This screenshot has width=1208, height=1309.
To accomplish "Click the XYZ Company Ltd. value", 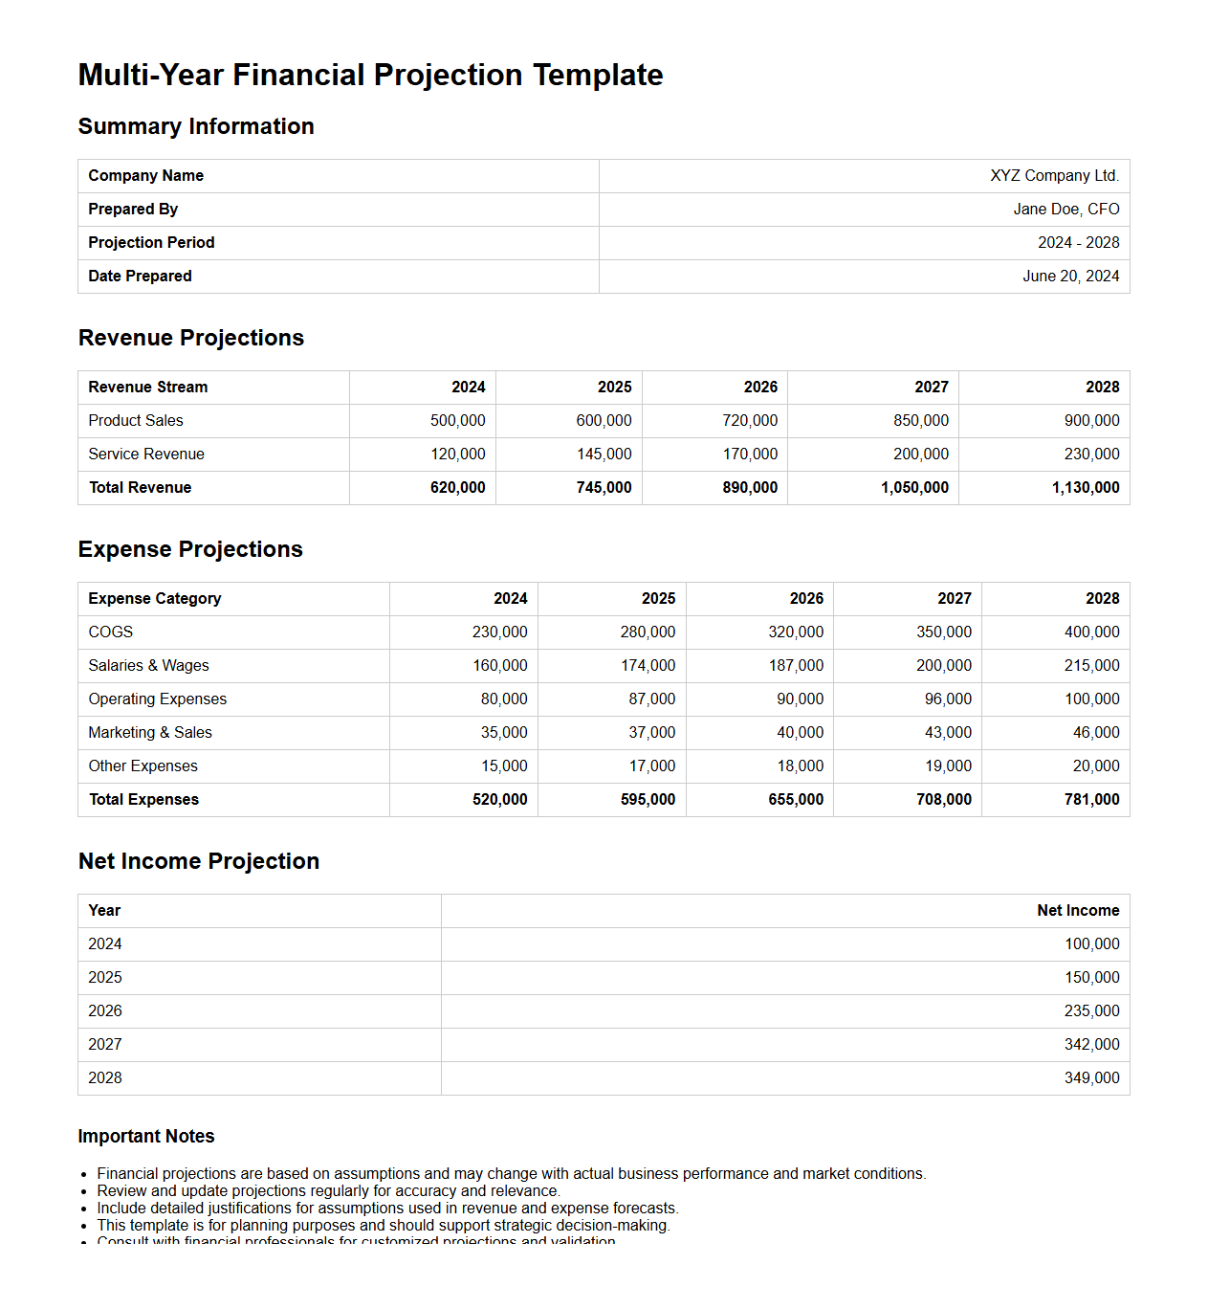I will [1054, 176].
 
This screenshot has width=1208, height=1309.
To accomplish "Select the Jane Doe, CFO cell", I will [1065, 210].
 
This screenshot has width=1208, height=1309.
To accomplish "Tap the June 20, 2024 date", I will [1070, 277].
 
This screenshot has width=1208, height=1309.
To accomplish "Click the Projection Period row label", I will [151, 243].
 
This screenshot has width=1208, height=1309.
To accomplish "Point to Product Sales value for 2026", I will [750, 421].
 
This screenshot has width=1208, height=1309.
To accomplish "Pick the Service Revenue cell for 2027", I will [920, 455].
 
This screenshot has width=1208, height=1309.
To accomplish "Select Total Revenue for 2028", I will [1085, 488].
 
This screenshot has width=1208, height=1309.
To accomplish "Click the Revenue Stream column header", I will [148, 388].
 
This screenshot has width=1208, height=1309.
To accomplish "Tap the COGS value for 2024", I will [499, 632].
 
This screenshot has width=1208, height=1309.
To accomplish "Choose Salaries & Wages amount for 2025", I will [648, 666].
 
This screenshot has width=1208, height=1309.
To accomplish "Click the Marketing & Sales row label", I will [150, 733].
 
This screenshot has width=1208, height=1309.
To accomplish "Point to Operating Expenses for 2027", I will [947, 699].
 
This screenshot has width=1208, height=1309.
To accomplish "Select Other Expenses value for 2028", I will [1095, 766].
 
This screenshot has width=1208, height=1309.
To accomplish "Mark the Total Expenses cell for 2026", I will [796, 800].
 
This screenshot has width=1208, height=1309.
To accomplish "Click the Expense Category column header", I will [155, 599].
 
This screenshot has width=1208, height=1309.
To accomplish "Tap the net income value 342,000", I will [1091, 1045].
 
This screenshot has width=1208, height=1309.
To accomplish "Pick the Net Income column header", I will [1078, 911].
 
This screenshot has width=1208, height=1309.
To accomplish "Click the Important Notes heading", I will [146, 1137].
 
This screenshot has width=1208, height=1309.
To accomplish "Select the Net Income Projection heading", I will [199, 861].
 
